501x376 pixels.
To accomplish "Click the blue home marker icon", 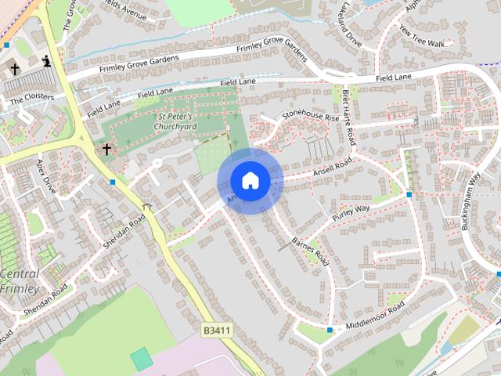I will pos(250,181).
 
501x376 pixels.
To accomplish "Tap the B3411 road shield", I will pos(217,331).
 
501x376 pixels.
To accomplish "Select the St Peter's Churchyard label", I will pos(174,121).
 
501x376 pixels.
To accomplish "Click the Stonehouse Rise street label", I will pos(311,116).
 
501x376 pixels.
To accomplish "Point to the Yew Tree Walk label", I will pos(421,35).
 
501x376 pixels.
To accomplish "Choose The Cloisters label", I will pos(32,98).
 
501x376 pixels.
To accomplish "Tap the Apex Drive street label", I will pos(46,177).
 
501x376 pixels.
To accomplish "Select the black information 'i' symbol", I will pos(47,61).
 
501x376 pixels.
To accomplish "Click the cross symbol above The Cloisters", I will pos(15,69).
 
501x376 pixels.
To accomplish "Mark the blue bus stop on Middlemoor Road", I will pos(330,331).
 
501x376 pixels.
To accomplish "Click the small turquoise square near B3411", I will pos(142,359).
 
